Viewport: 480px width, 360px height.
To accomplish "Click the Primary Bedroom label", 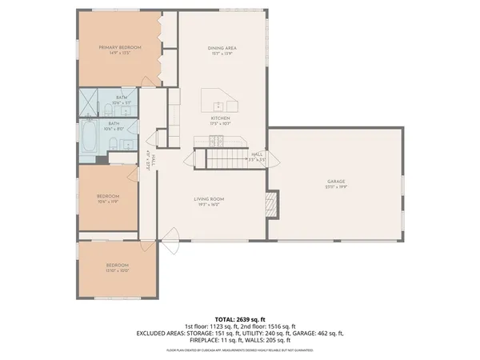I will pos(120,48).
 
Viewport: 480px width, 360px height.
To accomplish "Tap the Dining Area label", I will pos(222,48).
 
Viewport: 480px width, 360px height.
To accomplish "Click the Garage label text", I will pos(335,182).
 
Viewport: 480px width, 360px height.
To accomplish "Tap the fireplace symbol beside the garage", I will pos(273,203).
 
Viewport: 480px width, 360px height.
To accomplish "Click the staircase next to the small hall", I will pos(226,157).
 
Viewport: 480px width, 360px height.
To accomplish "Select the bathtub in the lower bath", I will pos(89,137).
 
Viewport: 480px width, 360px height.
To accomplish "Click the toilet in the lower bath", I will pos(114,144).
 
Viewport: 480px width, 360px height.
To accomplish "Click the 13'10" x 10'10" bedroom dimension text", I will pos(118,271).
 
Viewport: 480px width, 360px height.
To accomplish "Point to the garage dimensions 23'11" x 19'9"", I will pos(335,187).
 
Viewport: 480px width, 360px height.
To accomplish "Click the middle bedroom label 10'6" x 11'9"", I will pos(108,202).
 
